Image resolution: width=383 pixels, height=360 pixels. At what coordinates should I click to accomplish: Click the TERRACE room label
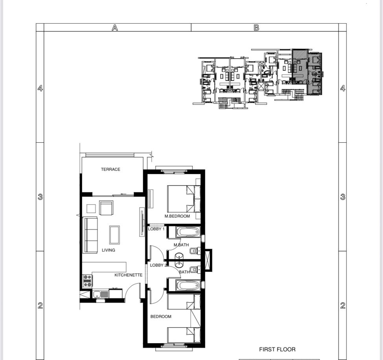[x=110, y=169]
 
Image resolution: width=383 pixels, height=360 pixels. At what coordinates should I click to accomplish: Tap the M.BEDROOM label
[x=177, y=216]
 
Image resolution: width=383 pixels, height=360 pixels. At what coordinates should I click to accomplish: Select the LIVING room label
[x=109, y=250]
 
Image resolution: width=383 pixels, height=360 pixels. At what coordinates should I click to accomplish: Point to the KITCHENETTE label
[x=129, y=275]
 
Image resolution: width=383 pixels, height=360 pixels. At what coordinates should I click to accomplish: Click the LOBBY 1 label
[x=157, y=229]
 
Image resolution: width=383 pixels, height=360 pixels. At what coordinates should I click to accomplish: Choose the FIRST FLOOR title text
[x=277, y=349]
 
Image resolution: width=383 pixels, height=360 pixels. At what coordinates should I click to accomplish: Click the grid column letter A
[x=115, y=28]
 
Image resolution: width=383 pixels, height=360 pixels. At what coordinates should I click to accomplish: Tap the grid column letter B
[x=256, y=28]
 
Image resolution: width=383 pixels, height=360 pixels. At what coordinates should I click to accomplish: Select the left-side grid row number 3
[x=40, y=197]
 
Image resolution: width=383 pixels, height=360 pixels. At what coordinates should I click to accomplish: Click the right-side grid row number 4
[x=343, y=88]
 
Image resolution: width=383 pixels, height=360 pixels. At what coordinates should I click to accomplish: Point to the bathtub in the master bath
[x=188, y=232]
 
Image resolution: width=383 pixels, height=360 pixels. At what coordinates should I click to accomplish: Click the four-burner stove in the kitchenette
[x=87, y=281]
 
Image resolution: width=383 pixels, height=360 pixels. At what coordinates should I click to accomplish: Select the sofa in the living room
[x=90, y=235]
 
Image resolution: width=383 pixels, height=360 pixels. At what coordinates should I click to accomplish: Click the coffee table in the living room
[x=114, y=235]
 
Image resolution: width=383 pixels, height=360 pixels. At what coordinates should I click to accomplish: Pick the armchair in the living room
[x=106, y=208]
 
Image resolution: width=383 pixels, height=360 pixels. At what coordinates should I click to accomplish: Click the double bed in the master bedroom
[x=184, y=199]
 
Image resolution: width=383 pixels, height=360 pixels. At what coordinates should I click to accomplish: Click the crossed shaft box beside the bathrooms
[x=208, y=260]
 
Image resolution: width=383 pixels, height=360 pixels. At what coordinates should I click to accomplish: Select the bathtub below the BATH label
[x=188, y=285]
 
